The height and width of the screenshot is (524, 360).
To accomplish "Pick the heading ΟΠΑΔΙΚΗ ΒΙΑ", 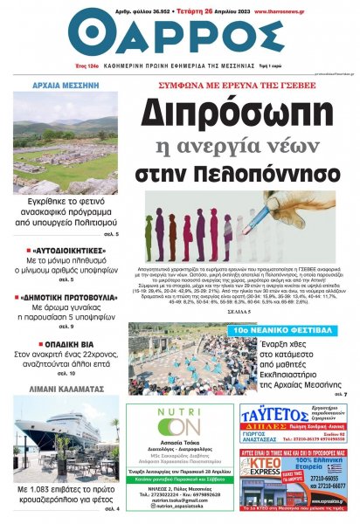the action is [x=66, y=344].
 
